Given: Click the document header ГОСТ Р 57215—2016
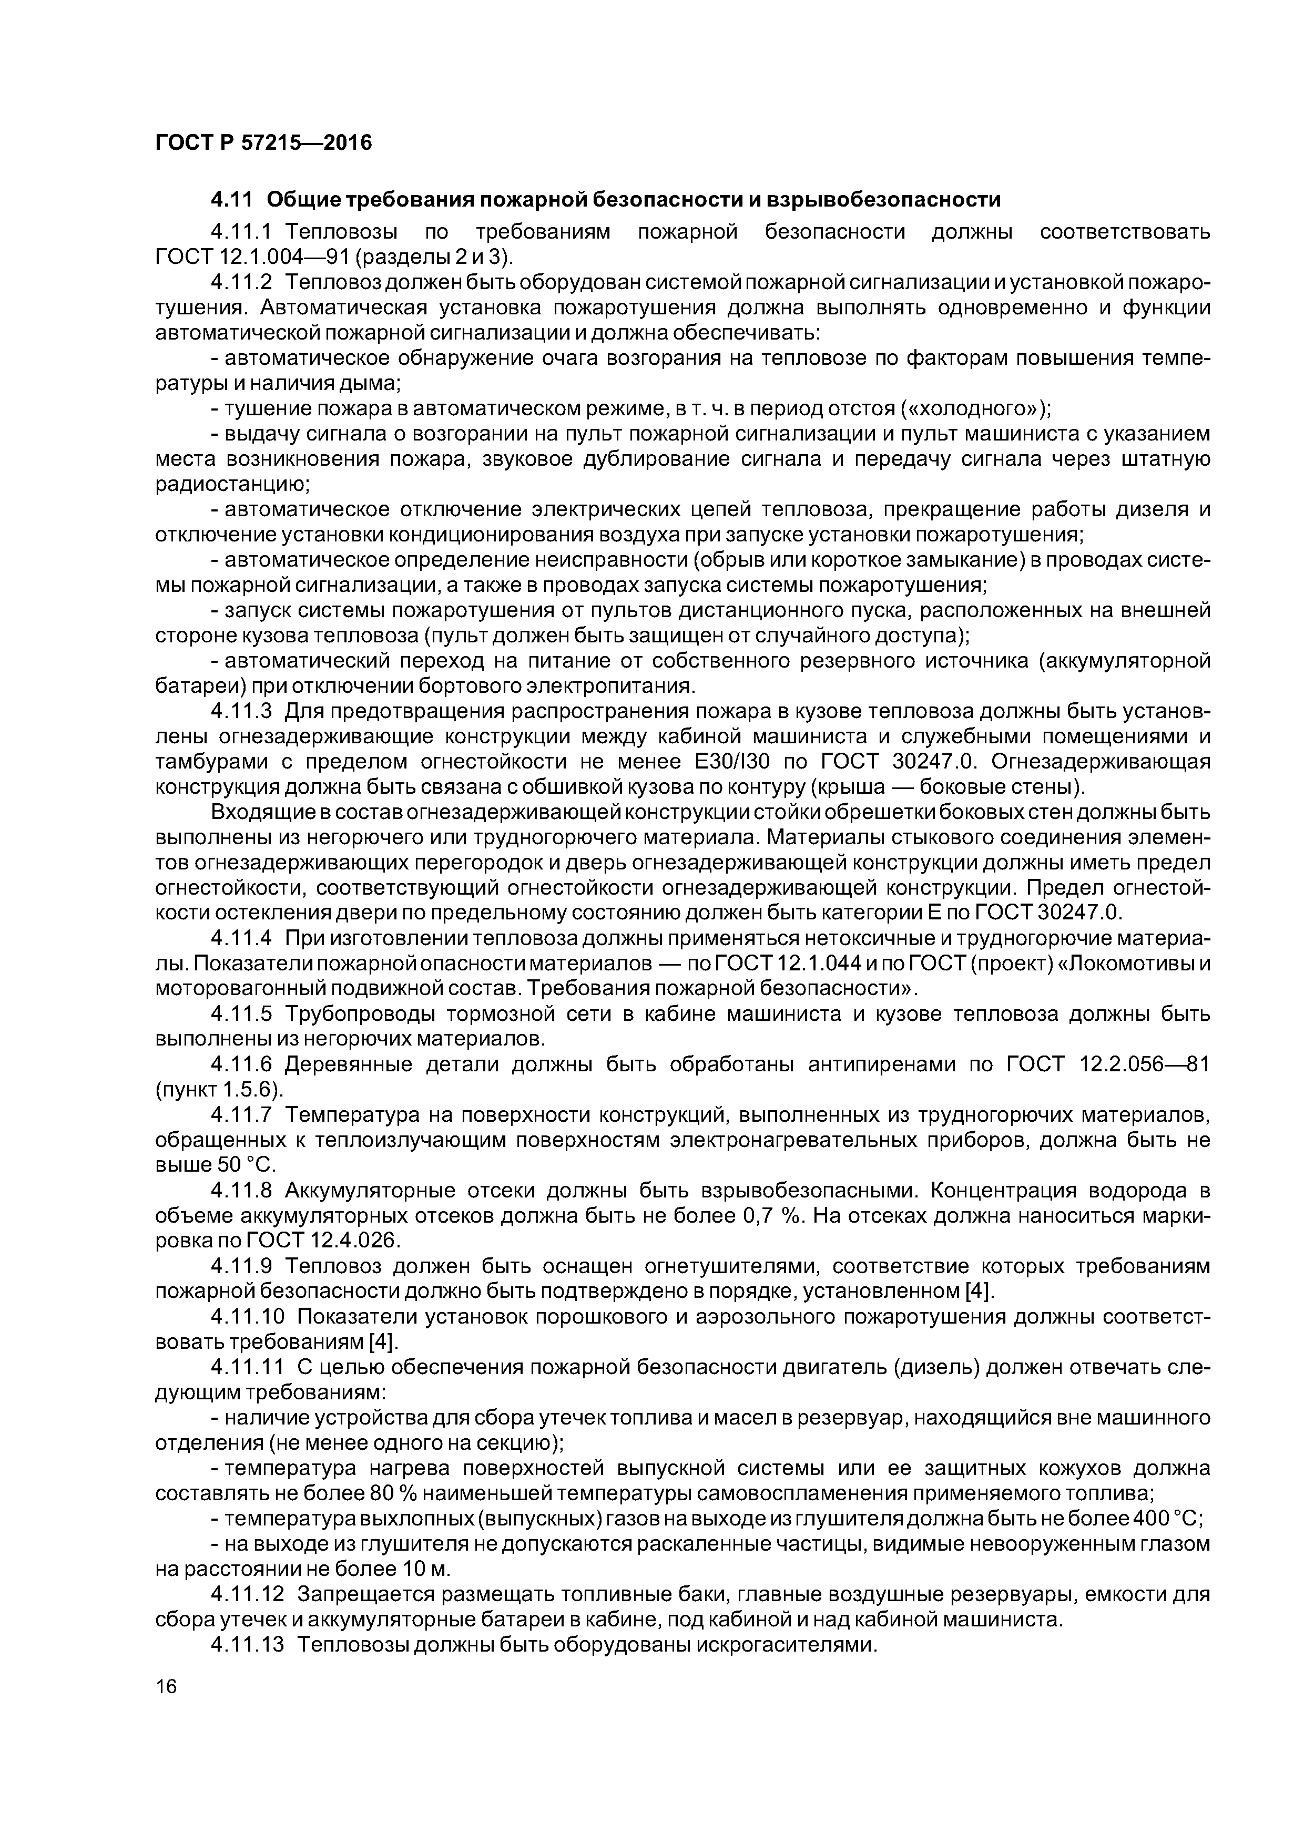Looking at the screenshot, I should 263,143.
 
